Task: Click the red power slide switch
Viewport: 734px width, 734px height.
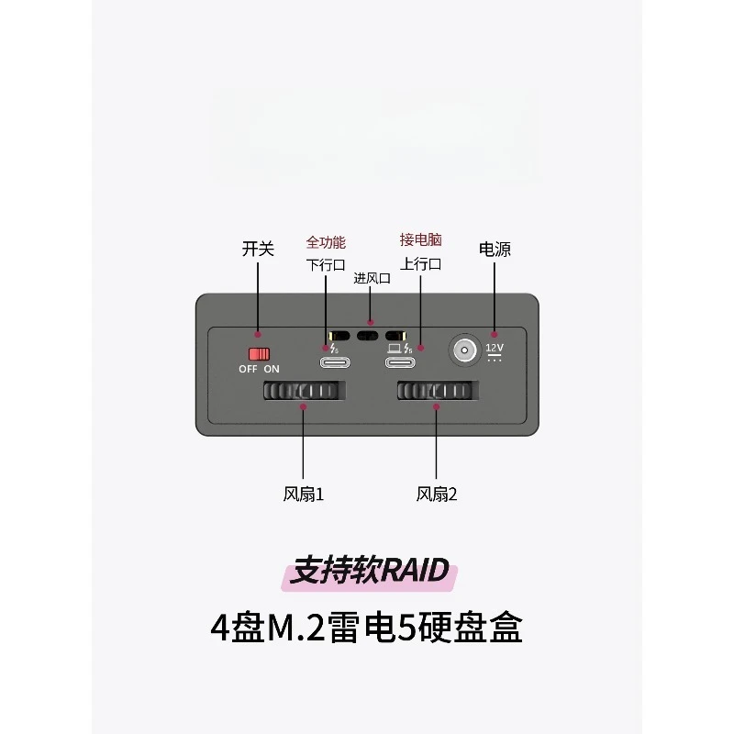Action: [259, 353]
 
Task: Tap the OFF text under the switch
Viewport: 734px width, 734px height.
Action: [248, 369]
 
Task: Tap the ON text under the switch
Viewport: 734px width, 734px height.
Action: [272, 369]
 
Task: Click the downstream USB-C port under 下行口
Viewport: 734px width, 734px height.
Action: [335, 362]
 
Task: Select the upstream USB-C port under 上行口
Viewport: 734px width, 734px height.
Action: [400, 362]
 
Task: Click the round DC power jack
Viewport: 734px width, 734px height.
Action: [464, 350]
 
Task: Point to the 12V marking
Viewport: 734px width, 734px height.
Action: [495, 348]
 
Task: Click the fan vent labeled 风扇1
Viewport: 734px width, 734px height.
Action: [305, 391]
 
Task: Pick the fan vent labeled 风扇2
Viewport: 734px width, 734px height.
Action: [438, 391]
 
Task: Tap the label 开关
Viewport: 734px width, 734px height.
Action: [258, 249]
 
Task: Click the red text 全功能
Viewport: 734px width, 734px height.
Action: [326, 242]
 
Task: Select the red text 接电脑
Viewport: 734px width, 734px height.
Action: [421, 239]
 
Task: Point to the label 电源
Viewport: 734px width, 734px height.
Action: [495, 249]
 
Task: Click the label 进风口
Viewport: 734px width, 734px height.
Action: [373, 279]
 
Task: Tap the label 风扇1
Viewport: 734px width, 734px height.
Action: [304, 495]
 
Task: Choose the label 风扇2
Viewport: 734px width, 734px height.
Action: [437, 495]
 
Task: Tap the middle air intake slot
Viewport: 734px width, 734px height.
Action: [368, 336]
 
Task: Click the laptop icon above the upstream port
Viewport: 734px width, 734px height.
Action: [395, 349]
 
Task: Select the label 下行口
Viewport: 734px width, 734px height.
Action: [326, 265]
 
